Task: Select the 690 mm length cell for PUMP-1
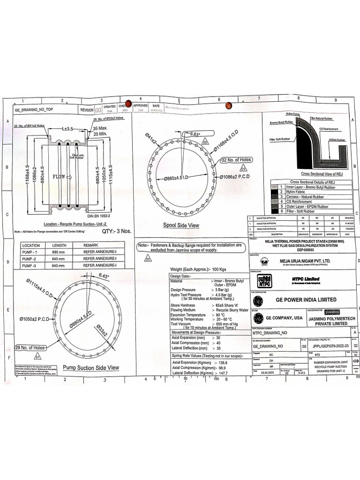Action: click(60, 252)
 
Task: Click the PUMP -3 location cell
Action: click(31, 265)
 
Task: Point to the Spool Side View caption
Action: click(181, 225)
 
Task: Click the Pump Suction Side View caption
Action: click(90, 367)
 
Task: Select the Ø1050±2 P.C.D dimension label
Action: click(34, 319)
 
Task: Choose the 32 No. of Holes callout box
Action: click(237, 160)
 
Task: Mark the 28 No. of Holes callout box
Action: click(30, 347)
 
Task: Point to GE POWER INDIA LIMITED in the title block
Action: click(306, 300)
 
